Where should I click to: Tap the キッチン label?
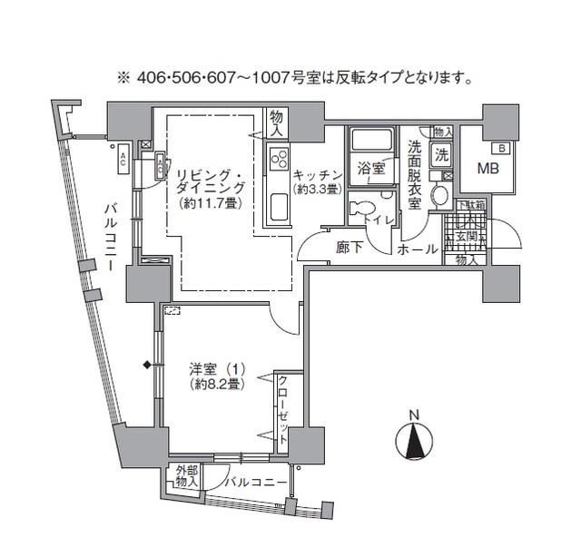317,175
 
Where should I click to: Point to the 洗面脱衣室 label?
415,174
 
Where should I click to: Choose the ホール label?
419,248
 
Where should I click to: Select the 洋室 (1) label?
216,370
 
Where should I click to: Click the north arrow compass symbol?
414,444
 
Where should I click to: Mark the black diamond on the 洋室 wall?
146,366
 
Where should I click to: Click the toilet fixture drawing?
367,205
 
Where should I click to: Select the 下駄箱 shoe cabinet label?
471,206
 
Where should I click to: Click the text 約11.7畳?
208,203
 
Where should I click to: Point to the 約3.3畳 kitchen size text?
316,189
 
